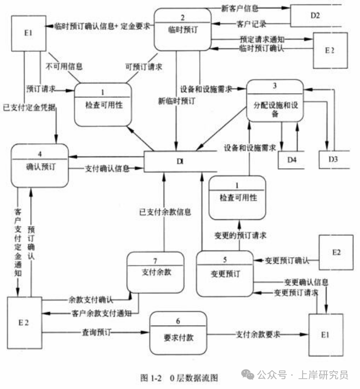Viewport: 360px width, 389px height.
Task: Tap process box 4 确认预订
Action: [x=40, y=165]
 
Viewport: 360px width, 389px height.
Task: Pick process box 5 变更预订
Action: [x=224, y=273]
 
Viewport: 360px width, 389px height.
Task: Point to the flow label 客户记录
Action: [x=252, y=24]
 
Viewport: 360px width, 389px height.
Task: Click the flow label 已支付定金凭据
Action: [x=28, y=108]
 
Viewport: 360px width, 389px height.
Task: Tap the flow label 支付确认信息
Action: [x=107, y=169]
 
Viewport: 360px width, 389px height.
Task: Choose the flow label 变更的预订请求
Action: [x=240, y=236]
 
